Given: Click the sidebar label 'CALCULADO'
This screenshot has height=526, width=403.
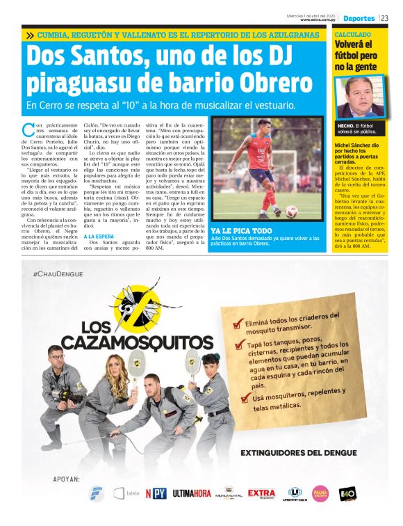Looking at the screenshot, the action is tap(352, 34).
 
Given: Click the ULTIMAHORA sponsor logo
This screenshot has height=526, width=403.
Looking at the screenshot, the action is tap(192, 493).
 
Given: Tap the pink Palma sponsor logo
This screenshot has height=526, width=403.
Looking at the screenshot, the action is tap(320, 493).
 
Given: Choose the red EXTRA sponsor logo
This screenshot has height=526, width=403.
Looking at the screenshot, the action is tap(261, 493).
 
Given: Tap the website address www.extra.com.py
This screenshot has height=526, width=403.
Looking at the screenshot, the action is tap(319, 20).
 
